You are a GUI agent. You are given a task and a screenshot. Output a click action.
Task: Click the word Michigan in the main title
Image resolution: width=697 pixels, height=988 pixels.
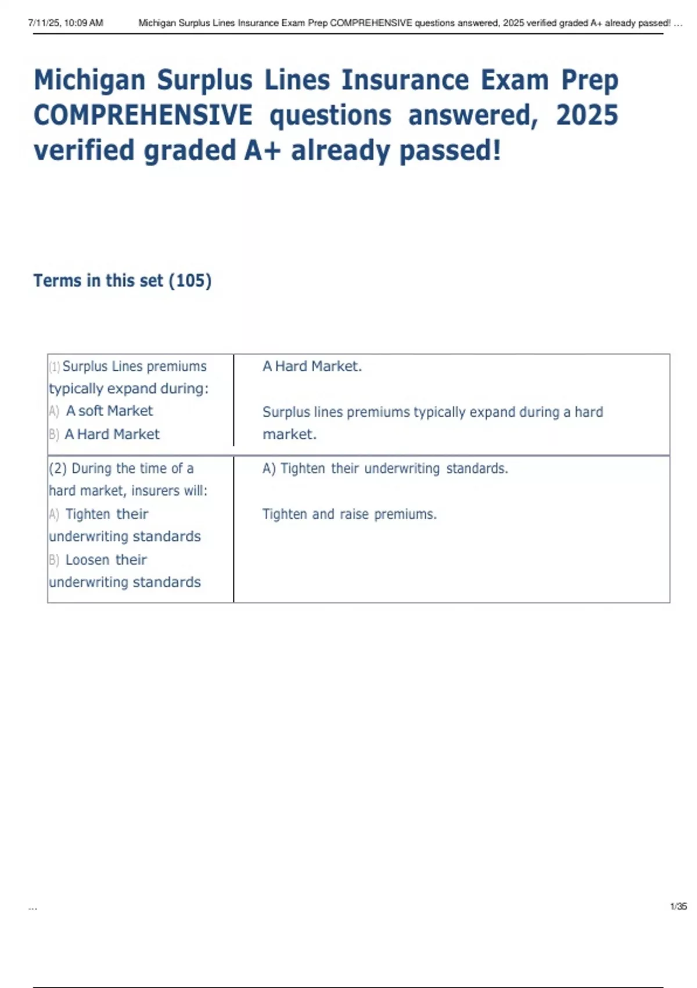(x=89, y=81)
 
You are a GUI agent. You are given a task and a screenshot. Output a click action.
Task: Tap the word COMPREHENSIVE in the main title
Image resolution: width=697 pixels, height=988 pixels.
(x=143, y=115)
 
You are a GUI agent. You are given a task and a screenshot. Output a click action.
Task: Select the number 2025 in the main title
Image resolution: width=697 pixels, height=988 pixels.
(x=587, y=115)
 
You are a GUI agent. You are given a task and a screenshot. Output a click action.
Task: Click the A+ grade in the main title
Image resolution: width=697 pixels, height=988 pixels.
(x=262, y=151)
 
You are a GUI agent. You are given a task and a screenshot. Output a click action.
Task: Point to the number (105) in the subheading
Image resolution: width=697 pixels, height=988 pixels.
(x=190, y=281)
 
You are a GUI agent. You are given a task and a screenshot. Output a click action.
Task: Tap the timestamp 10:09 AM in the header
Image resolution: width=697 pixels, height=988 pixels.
(x=84, y=23)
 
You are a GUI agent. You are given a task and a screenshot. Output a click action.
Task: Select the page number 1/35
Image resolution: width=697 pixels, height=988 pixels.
(x=678, y=906)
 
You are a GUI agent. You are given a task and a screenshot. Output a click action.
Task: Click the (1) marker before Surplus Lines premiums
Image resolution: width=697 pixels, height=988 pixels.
(x=55, y=367)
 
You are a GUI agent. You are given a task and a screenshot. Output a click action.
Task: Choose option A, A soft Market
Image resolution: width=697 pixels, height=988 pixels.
(x=109, y=411)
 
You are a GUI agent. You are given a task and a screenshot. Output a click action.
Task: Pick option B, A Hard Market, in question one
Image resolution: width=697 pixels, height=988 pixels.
(x=112, y=434)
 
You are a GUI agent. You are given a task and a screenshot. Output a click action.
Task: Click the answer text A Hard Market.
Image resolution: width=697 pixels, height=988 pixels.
(x=312, y=366)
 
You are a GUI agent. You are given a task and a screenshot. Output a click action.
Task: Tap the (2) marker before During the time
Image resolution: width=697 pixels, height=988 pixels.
(x=58, y=468)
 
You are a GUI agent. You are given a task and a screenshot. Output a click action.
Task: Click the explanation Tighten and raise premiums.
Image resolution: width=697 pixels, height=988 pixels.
(x=349, y=514)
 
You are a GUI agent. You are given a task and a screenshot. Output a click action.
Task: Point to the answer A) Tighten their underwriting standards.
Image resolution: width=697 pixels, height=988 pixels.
(x=385, y=468)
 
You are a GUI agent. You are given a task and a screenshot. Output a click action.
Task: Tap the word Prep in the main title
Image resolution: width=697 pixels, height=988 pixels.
(x=589, y=81)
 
